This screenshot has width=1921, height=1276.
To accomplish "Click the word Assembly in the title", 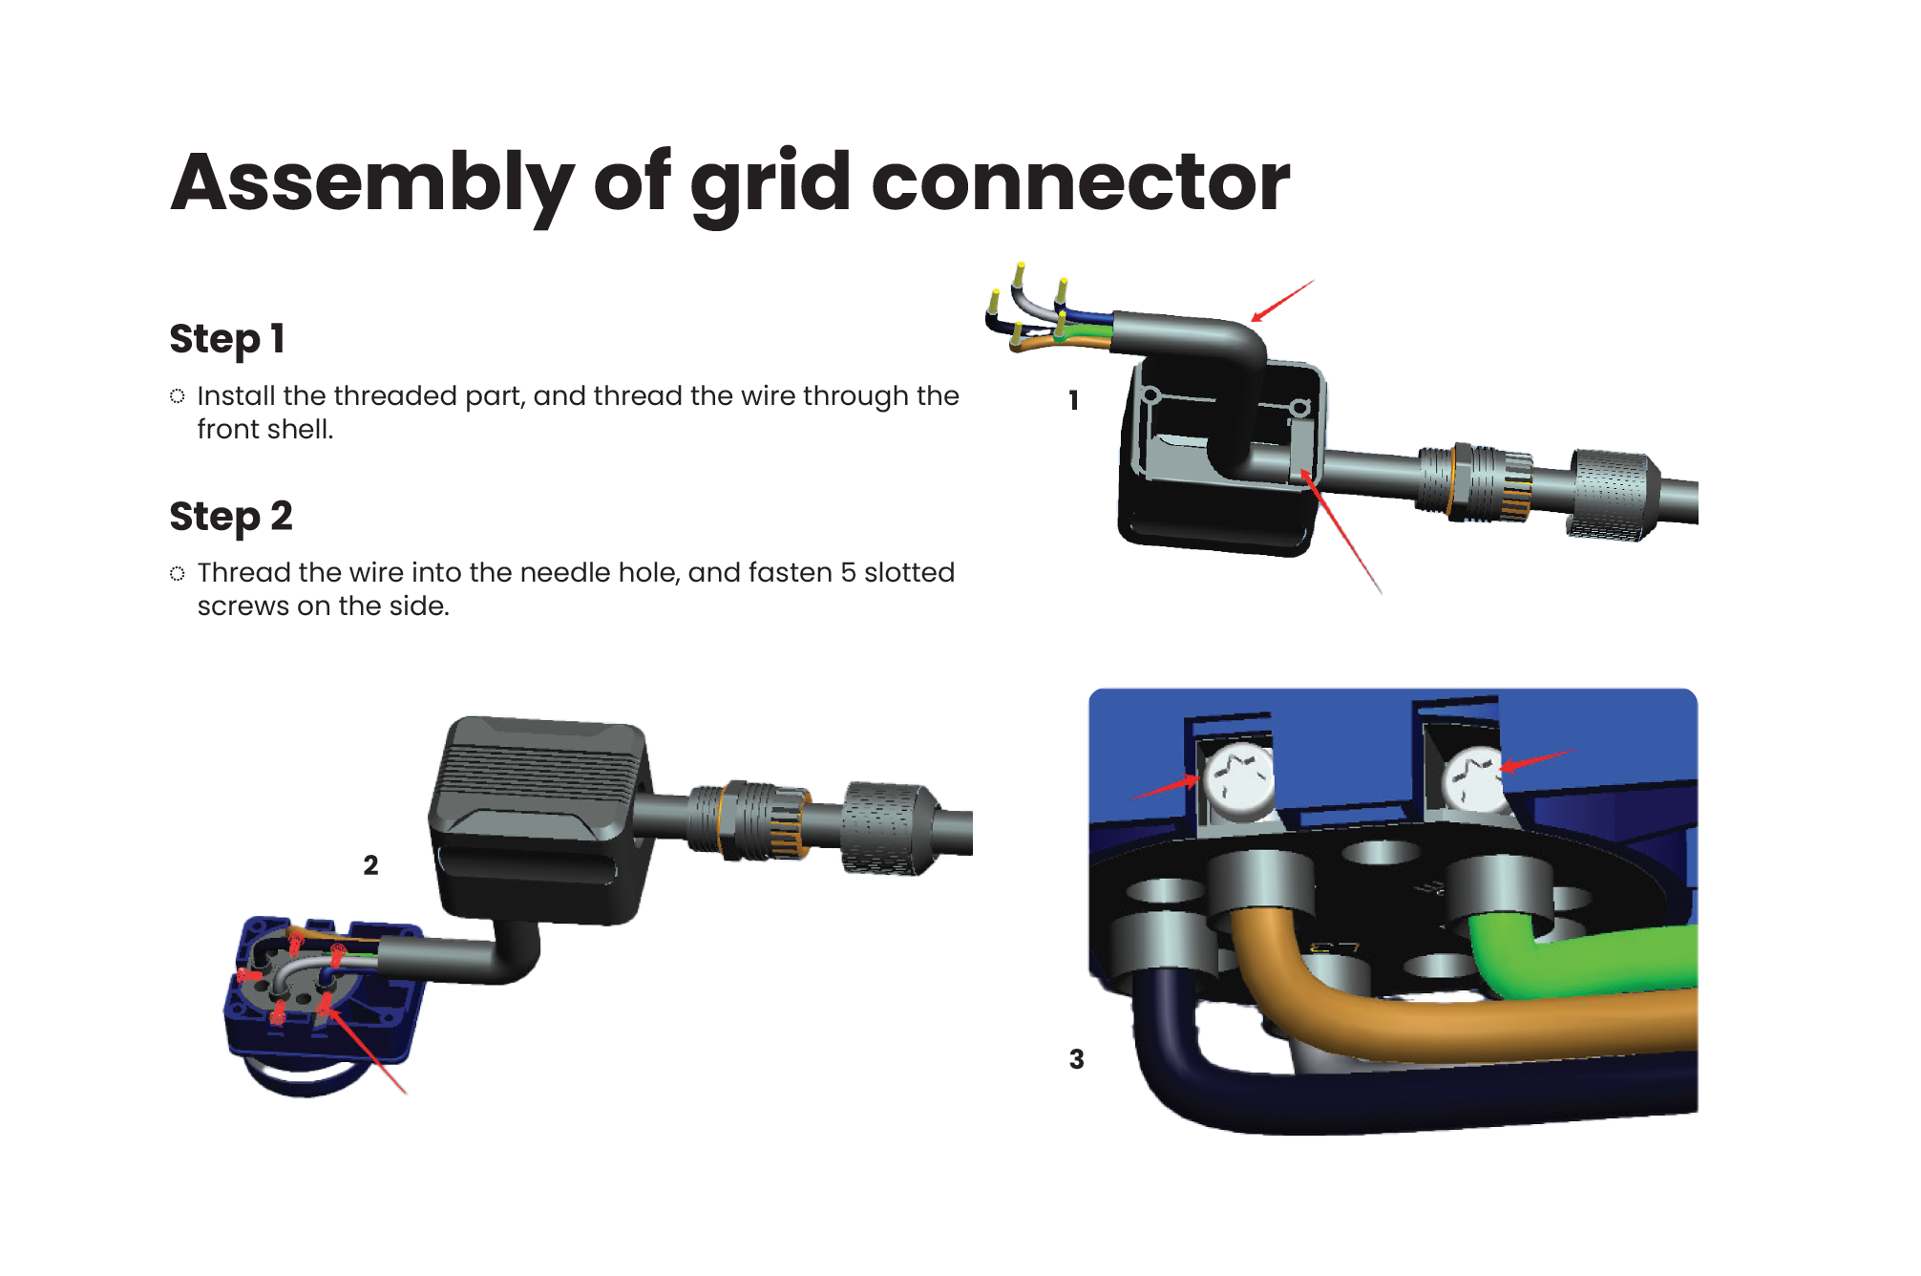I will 372,183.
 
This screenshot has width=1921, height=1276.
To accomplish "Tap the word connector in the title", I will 1080,183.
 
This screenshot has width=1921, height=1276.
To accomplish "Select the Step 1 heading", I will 227,339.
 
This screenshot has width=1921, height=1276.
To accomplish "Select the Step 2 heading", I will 231,517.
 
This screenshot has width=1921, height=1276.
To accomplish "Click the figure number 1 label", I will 1074,400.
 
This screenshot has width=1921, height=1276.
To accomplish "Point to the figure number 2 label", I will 370,865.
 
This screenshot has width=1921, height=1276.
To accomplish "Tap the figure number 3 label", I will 1077,1059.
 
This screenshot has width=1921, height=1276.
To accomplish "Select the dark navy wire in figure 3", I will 1384,1098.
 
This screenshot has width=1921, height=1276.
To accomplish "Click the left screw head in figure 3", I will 1238,777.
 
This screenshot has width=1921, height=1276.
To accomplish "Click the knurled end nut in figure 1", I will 1612,494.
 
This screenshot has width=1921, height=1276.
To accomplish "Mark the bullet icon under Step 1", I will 178,396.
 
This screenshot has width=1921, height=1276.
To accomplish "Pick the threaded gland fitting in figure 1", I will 1475,482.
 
